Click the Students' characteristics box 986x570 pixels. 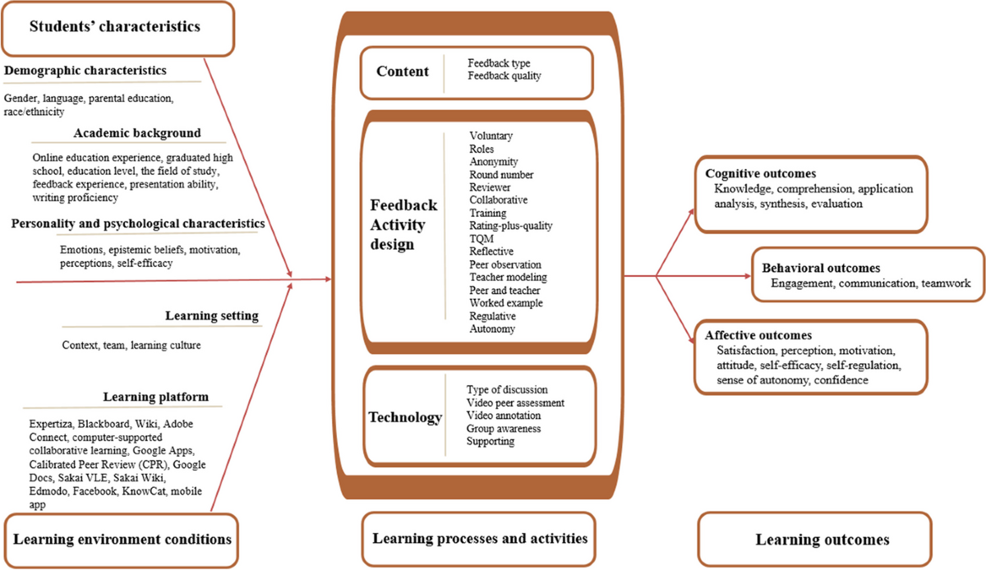pos(114,25)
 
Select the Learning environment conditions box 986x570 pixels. pos(122,539)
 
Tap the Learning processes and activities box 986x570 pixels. pos(480,539)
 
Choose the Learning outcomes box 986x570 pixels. pos(822,540)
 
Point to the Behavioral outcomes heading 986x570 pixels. pos(822,268)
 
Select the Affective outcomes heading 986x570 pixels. pos(758,335)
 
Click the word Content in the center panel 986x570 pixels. pos(403,71)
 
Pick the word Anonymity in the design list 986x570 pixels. pos(494,162)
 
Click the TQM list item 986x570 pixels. pos(481,238)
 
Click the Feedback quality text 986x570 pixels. pos(505,76)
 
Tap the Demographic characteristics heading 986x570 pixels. pos(85,71)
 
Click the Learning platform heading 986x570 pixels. pos(155,398)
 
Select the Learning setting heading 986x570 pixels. pos(211,315)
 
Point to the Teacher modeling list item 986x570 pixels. pos(508,277)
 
